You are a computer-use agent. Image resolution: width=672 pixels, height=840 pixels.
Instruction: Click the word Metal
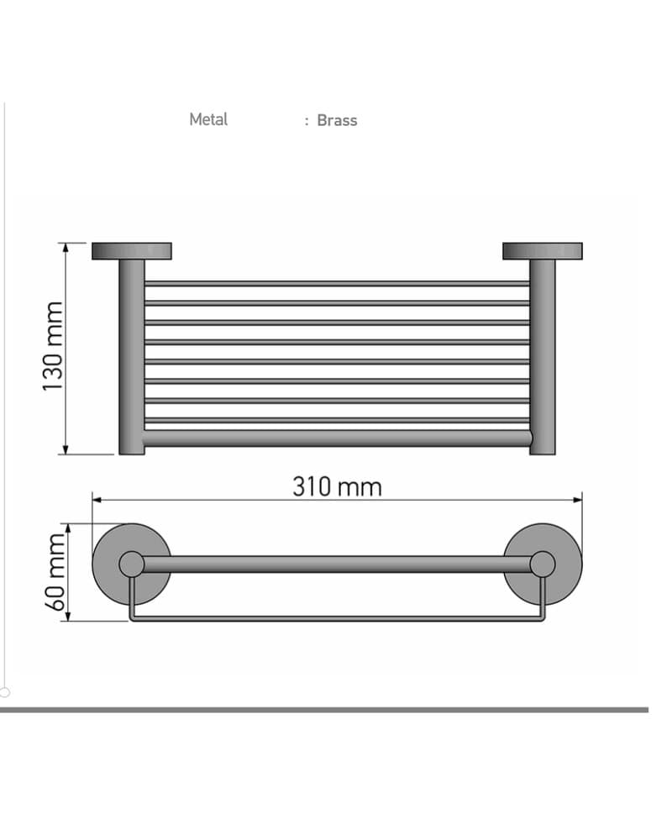(208, 119)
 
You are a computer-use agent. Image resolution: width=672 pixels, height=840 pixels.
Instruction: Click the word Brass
(337, 120)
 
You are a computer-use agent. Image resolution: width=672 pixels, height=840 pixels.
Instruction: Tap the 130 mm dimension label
(53, 346)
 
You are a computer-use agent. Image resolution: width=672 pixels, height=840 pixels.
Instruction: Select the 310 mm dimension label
(337, 487)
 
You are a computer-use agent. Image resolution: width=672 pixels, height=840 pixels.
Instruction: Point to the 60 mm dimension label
(55, 572)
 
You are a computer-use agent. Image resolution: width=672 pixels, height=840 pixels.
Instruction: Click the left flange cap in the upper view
(132, 251)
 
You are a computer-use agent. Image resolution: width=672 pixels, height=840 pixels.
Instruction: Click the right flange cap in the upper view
(543, 251)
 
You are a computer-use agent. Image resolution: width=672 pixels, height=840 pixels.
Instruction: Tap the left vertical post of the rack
(132, 357)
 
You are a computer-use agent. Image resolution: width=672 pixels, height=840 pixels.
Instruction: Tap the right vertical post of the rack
(543, 357)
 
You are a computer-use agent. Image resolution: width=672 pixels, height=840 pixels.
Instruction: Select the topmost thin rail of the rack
(337, 283)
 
